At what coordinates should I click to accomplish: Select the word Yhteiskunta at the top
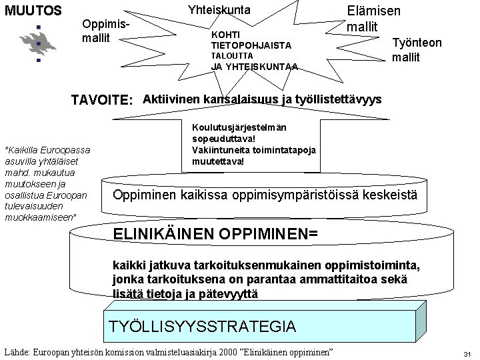point(219,10)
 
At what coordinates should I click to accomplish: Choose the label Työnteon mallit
point(417,49)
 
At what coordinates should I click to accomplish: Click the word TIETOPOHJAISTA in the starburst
point(251,45)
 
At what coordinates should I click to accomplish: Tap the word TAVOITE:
point(102,100)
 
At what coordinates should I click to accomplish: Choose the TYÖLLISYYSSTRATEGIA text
point(202,325)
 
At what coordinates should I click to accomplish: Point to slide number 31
point(467,353)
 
